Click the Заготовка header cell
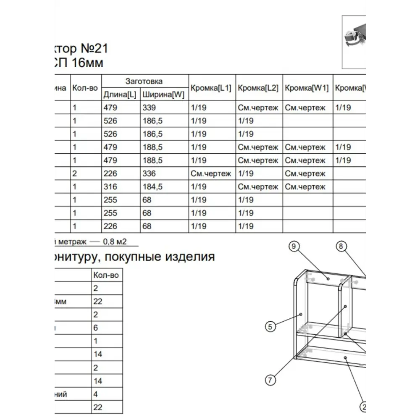[x=144, y=81]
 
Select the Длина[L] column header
[x=120, y=95]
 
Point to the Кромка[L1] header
[x=211, y=88]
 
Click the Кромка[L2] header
[x=258, y=88]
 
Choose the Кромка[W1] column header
[x=307, y=88]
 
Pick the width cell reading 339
[x=149, y=108]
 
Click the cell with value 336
[x=149, y=173]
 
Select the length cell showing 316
[x=110, y=186]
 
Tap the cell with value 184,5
[x=152, y=186]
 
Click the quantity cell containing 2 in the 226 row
[x=75, y=173]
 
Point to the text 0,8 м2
[x=115, y=241]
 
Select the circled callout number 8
[x=341, y=247]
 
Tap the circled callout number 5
[x=270, y=326]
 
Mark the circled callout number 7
[x=270, y=380]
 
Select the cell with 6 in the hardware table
[x=95, y=328]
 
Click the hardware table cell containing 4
[x=95, y=394]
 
